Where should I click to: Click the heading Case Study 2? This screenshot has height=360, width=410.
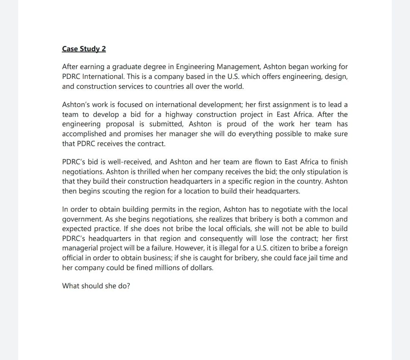pos(84,49)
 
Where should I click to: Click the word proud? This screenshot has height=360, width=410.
pos(237,124)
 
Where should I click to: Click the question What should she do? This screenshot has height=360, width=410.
pos(96,286)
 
